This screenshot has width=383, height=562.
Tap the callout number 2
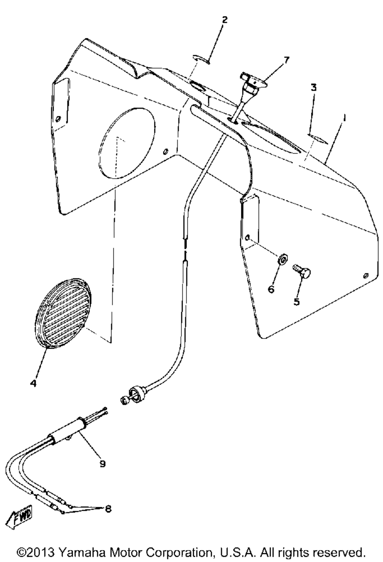pos(225,20)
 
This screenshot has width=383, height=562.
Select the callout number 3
pos(314,88)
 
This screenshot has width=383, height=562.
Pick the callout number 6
pos(271,289)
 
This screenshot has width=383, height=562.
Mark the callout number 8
pos(108,509)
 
